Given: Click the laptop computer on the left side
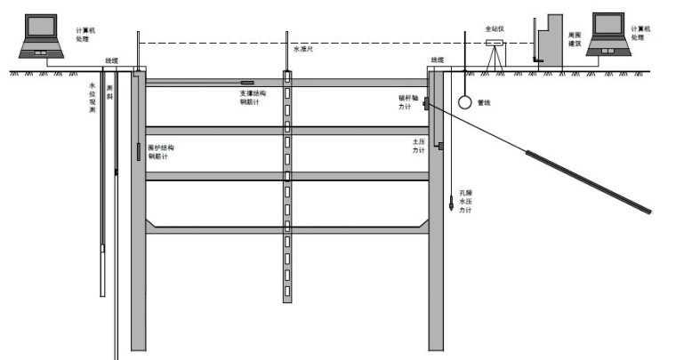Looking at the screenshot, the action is click(41, 36).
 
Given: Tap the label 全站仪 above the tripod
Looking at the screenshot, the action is click(495, 29).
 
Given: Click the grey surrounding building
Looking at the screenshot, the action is click(552, 41).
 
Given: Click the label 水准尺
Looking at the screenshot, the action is click(303, 51).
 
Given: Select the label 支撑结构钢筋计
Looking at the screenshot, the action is click(250, 97).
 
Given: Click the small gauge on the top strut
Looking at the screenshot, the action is click(246, 84).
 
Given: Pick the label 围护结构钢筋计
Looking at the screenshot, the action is click(161, 151).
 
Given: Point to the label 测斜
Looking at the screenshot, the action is click(109, 92).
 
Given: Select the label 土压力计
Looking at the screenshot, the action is click(418, 146).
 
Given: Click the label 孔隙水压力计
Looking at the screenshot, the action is click(465, 203).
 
